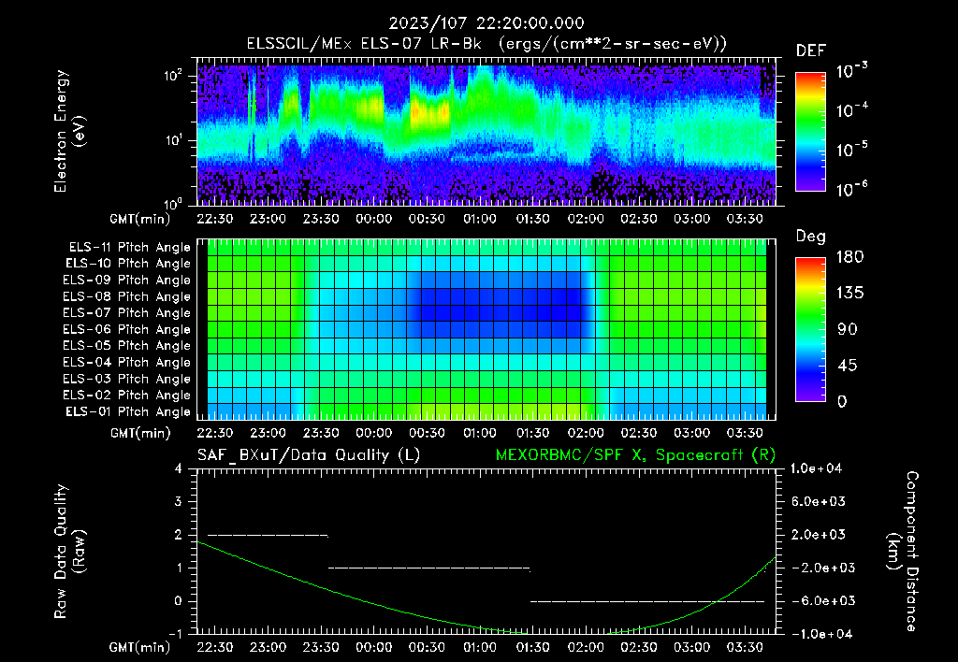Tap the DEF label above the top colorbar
[x=810, y=50]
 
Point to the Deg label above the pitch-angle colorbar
[x=810, y=237]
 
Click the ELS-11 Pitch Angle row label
[x=127, y=247]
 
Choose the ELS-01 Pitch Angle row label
[x=127, y=411]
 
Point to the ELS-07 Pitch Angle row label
[x=127, y=313]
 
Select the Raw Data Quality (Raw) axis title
[x=71, y=551]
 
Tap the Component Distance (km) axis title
[x=904, y=551]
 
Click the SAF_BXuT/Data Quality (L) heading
[x=308, y=454]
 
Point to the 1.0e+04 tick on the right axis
[x=819, y=468]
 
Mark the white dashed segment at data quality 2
[x=268, y=535]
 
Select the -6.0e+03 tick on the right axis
[x=819, y=600]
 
